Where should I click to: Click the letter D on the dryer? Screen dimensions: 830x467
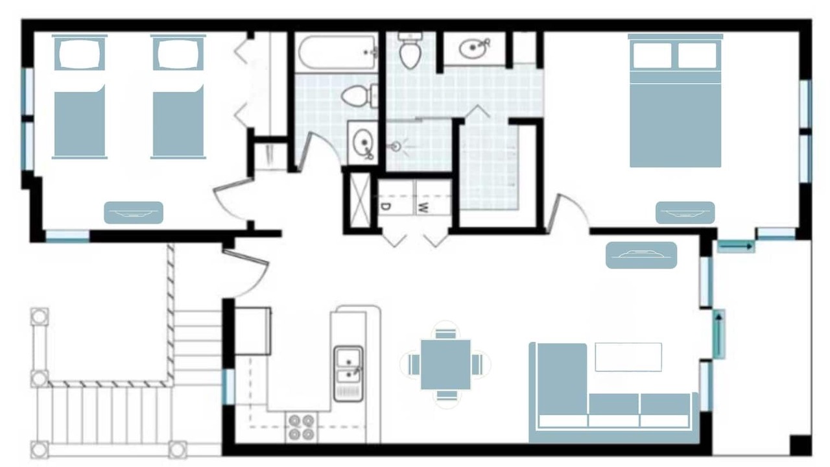pyautogui.click(x=385, y=207)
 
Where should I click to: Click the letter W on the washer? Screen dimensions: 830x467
pyautogui.click(x=422, y=208)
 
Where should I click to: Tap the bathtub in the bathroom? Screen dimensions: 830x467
pyautogui.click(x=337, y=53)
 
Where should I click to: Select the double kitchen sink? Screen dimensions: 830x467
pyautogui.click(x=348, y=374)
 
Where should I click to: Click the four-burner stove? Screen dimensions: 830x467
pyautogui.click(x=302, y=427)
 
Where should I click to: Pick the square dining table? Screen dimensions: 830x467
pyautogui.click(x=445, y=365)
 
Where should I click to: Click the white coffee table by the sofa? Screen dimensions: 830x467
pyautogui.click(x=628, y=357)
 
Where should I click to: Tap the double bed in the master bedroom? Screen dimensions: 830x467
pyautogui.click(x=676, y=101)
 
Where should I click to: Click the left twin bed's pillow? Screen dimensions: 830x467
pyautogui.click(x=79, y=54)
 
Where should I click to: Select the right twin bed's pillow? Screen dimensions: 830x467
pyautogui.click(x=178, y=54)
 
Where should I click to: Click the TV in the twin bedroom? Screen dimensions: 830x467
pyautogui.click(x=134, y=213)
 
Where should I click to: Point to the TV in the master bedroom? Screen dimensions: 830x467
pyautogui.click(x=685, y=213)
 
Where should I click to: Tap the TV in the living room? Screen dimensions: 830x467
pyautogui.click(x=641, y=256)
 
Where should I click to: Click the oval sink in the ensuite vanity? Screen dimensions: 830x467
pyautogui.click(x=473, y=49)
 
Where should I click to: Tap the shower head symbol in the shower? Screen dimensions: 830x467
pyautogui.click(x=396, y=147)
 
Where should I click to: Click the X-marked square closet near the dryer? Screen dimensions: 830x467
pyautogui.click(x=360, y=202)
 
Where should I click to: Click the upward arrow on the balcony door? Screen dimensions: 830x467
pyautogui.click(x=719, y=335)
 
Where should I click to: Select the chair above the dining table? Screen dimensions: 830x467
pyautogui.click(x=445, y=333)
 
